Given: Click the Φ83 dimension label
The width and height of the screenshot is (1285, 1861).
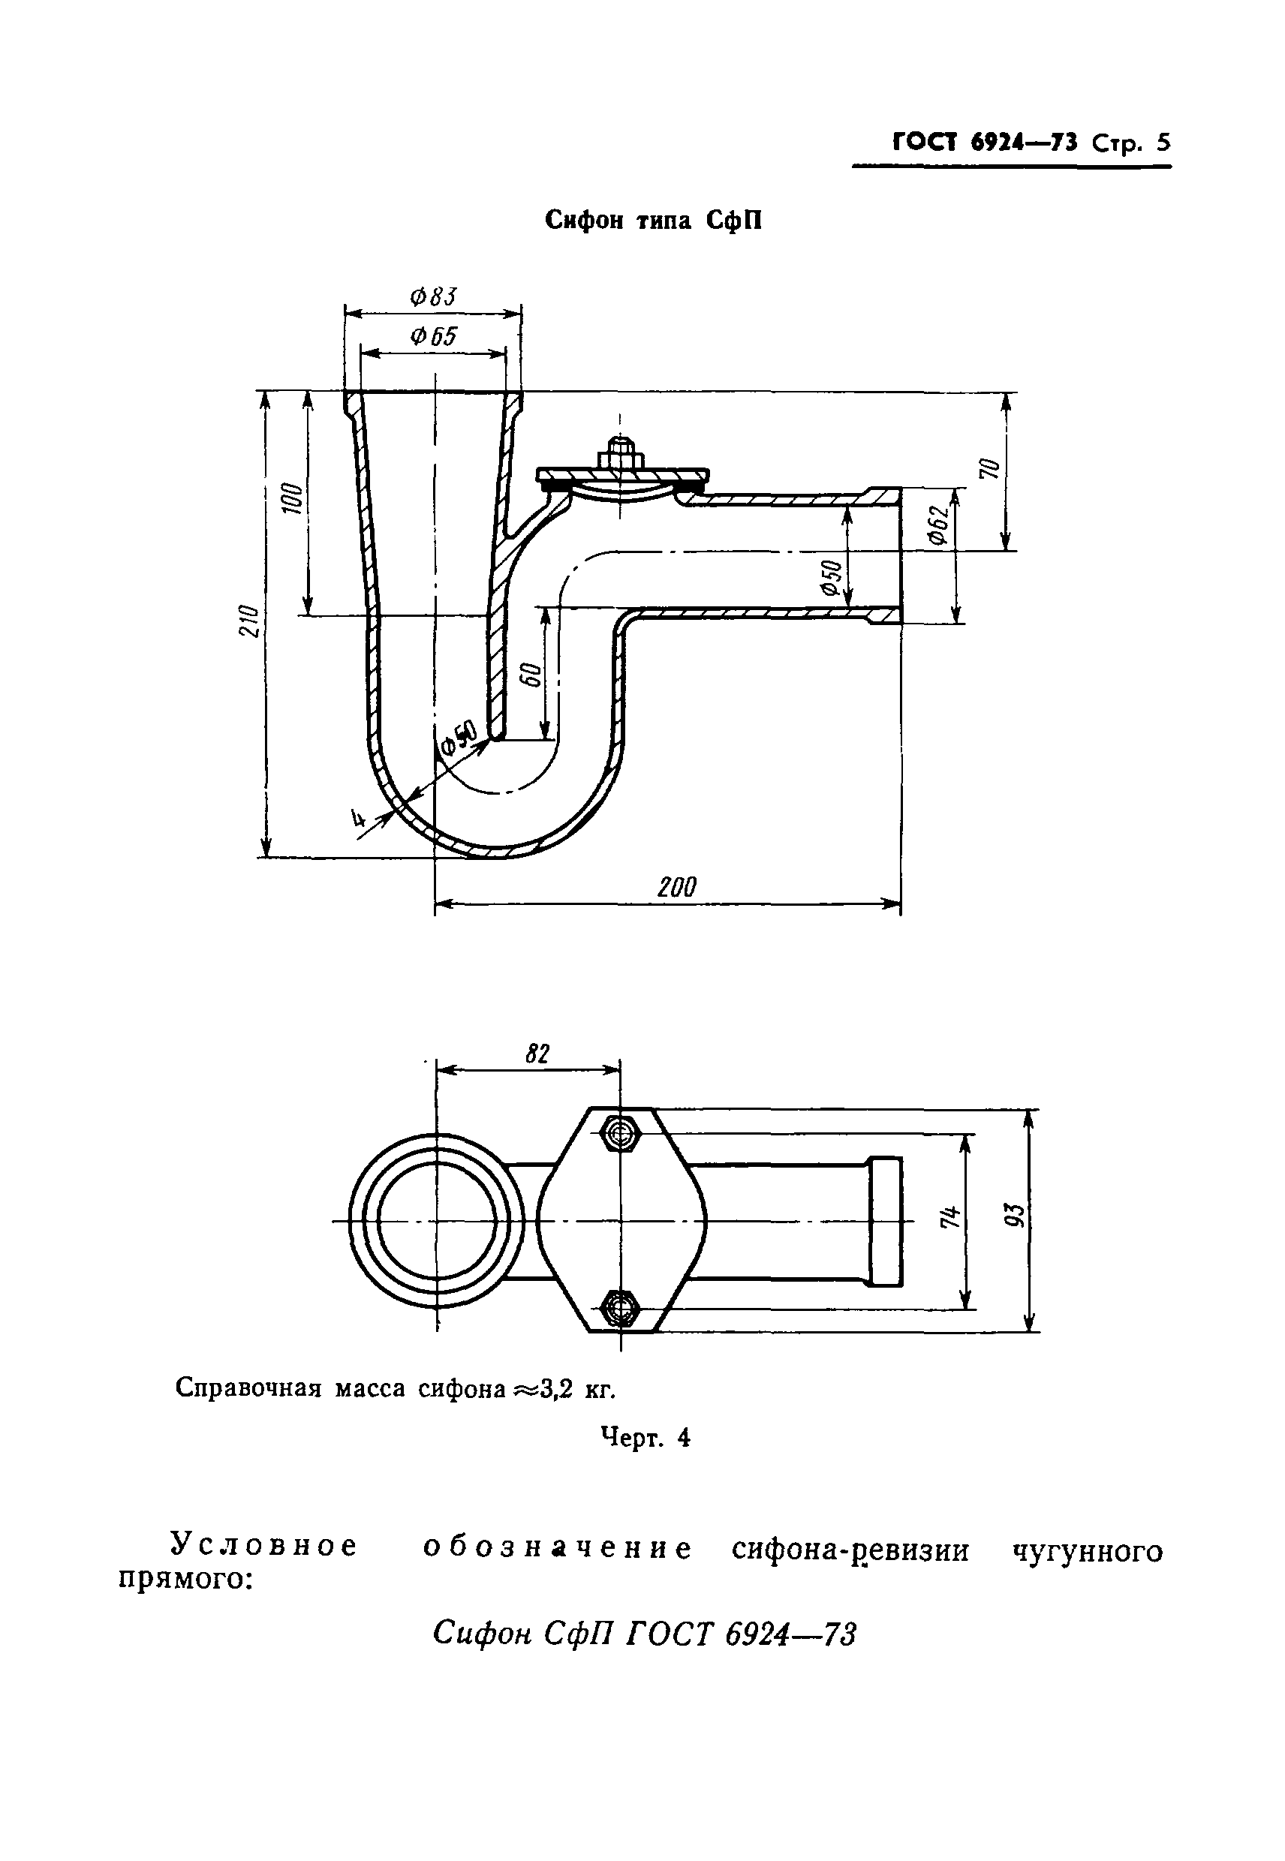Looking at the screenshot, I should point(432,297).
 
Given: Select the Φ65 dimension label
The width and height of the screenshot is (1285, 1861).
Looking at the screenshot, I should point(432,336).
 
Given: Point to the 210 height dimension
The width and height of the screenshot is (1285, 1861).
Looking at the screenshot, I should point(250,621).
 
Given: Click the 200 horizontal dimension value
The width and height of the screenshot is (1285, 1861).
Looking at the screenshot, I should point(676,887).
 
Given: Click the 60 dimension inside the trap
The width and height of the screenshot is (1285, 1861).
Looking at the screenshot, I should point(530,675).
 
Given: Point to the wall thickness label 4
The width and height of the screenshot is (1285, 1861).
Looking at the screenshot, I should point(357,819).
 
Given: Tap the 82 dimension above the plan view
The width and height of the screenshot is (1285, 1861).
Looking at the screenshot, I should point(537,1054).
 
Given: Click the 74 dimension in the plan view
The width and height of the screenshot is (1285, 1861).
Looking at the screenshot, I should point(951,1216).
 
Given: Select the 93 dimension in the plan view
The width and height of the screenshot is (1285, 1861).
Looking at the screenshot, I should point(1016,1215).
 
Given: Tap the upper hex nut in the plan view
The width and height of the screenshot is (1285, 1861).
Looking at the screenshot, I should point(620,1132).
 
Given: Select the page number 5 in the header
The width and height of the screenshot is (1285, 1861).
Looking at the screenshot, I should point(1162,143).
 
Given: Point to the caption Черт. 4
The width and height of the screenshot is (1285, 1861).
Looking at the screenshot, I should point(645,1438).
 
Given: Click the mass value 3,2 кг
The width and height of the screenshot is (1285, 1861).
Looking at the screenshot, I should point(576,1388).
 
